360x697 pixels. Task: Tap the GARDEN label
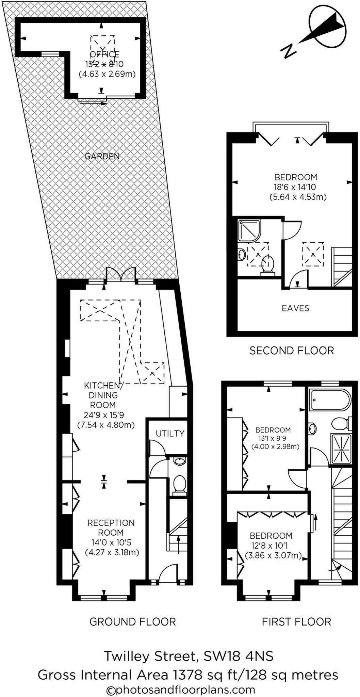[102, 156]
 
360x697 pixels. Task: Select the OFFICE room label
[104, 54]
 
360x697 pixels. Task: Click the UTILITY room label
[170, 433]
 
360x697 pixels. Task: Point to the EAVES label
[295, 308]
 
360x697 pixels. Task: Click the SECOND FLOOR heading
[292, 350]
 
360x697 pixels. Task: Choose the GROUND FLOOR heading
[132, 622]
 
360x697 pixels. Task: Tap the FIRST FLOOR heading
[296, 622]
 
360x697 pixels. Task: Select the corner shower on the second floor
[249, 231]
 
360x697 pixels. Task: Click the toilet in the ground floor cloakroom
[179, 485]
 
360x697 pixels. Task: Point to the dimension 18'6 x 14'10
[296, 187]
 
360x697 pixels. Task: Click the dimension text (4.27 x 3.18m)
[112, 552]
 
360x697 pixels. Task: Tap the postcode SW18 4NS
[238, 656]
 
